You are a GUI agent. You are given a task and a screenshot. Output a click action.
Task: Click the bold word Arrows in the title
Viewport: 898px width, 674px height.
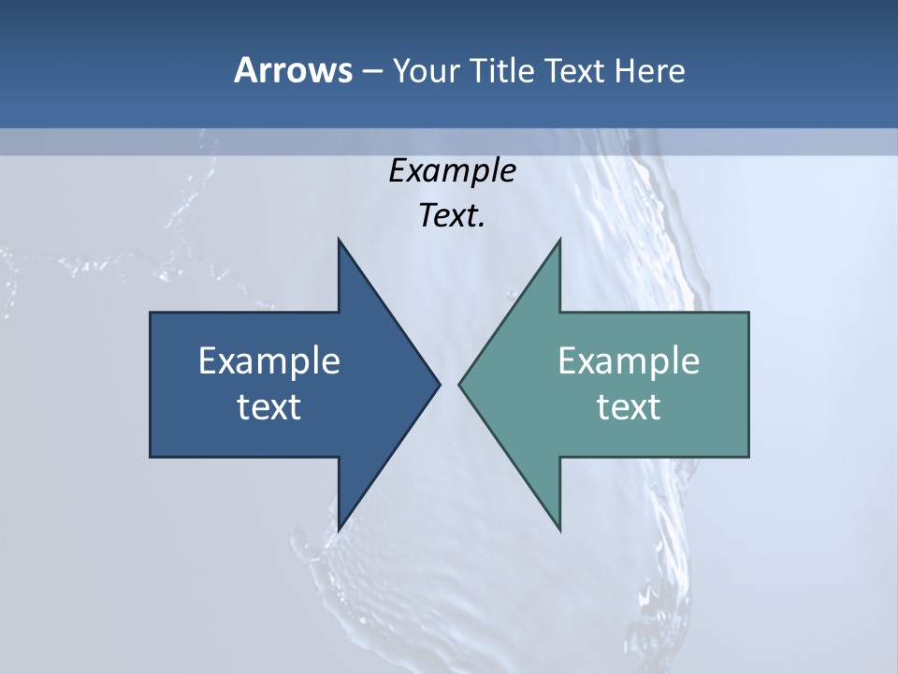point(293,70)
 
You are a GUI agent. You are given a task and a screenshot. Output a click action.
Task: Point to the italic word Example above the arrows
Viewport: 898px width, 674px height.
point(452,170)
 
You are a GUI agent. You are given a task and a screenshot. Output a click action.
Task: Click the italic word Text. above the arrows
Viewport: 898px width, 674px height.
point(452,216)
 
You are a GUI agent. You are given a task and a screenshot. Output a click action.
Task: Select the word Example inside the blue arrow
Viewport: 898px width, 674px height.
point(269,360)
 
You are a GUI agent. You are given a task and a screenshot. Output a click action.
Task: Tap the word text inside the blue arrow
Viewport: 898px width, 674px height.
point(269,407)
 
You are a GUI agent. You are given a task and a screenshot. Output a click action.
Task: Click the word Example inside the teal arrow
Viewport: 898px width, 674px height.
point(629,360)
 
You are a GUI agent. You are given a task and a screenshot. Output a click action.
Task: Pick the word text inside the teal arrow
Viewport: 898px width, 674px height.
point(629,407)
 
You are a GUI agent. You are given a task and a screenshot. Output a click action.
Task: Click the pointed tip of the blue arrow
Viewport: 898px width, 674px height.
point(439,384)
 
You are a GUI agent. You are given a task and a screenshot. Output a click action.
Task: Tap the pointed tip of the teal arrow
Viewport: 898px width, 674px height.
point(459,384)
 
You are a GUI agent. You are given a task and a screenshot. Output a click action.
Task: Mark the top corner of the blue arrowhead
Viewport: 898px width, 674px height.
point(339,240)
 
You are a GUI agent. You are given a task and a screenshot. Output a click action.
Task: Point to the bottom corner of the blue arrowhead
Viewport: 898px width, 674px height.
point(339,530)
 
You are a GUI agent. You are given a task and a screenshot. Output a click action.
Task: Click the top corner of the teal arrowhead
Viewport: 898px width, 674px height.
point(559,240)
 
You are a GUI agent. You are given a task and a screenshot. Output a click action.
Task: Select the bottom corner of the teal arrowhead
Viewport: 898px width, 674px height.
point(559,530)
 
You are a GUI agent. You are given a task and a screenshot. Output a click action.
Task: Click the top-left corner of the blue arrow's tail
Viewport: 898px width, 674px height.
point(151,313)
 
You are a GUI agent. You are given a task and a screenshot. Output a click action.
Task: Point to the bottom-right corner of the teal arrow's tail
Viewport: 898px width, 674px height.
point(748,457)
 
